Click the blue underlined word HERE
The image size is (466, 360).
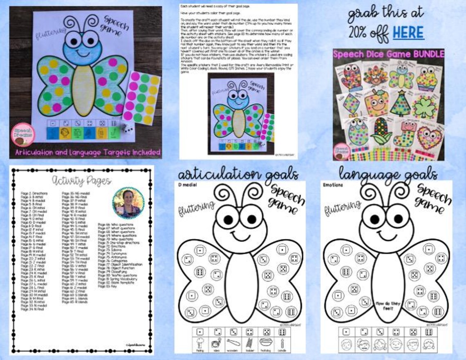tap(408, 33)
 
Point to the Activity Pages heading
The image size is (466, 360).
tap(82, 180)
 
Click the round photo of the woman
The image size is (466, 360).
tap(128, 203)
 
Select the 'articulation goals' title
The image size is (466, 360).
tap(238, 174)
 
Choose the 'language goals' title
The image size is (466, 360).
tap(388, 174)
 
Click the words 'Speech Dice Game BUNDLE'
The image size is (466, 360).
tap(388, 54)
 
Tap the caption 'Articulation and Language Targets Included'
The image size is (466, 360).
tap(87, 152)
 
